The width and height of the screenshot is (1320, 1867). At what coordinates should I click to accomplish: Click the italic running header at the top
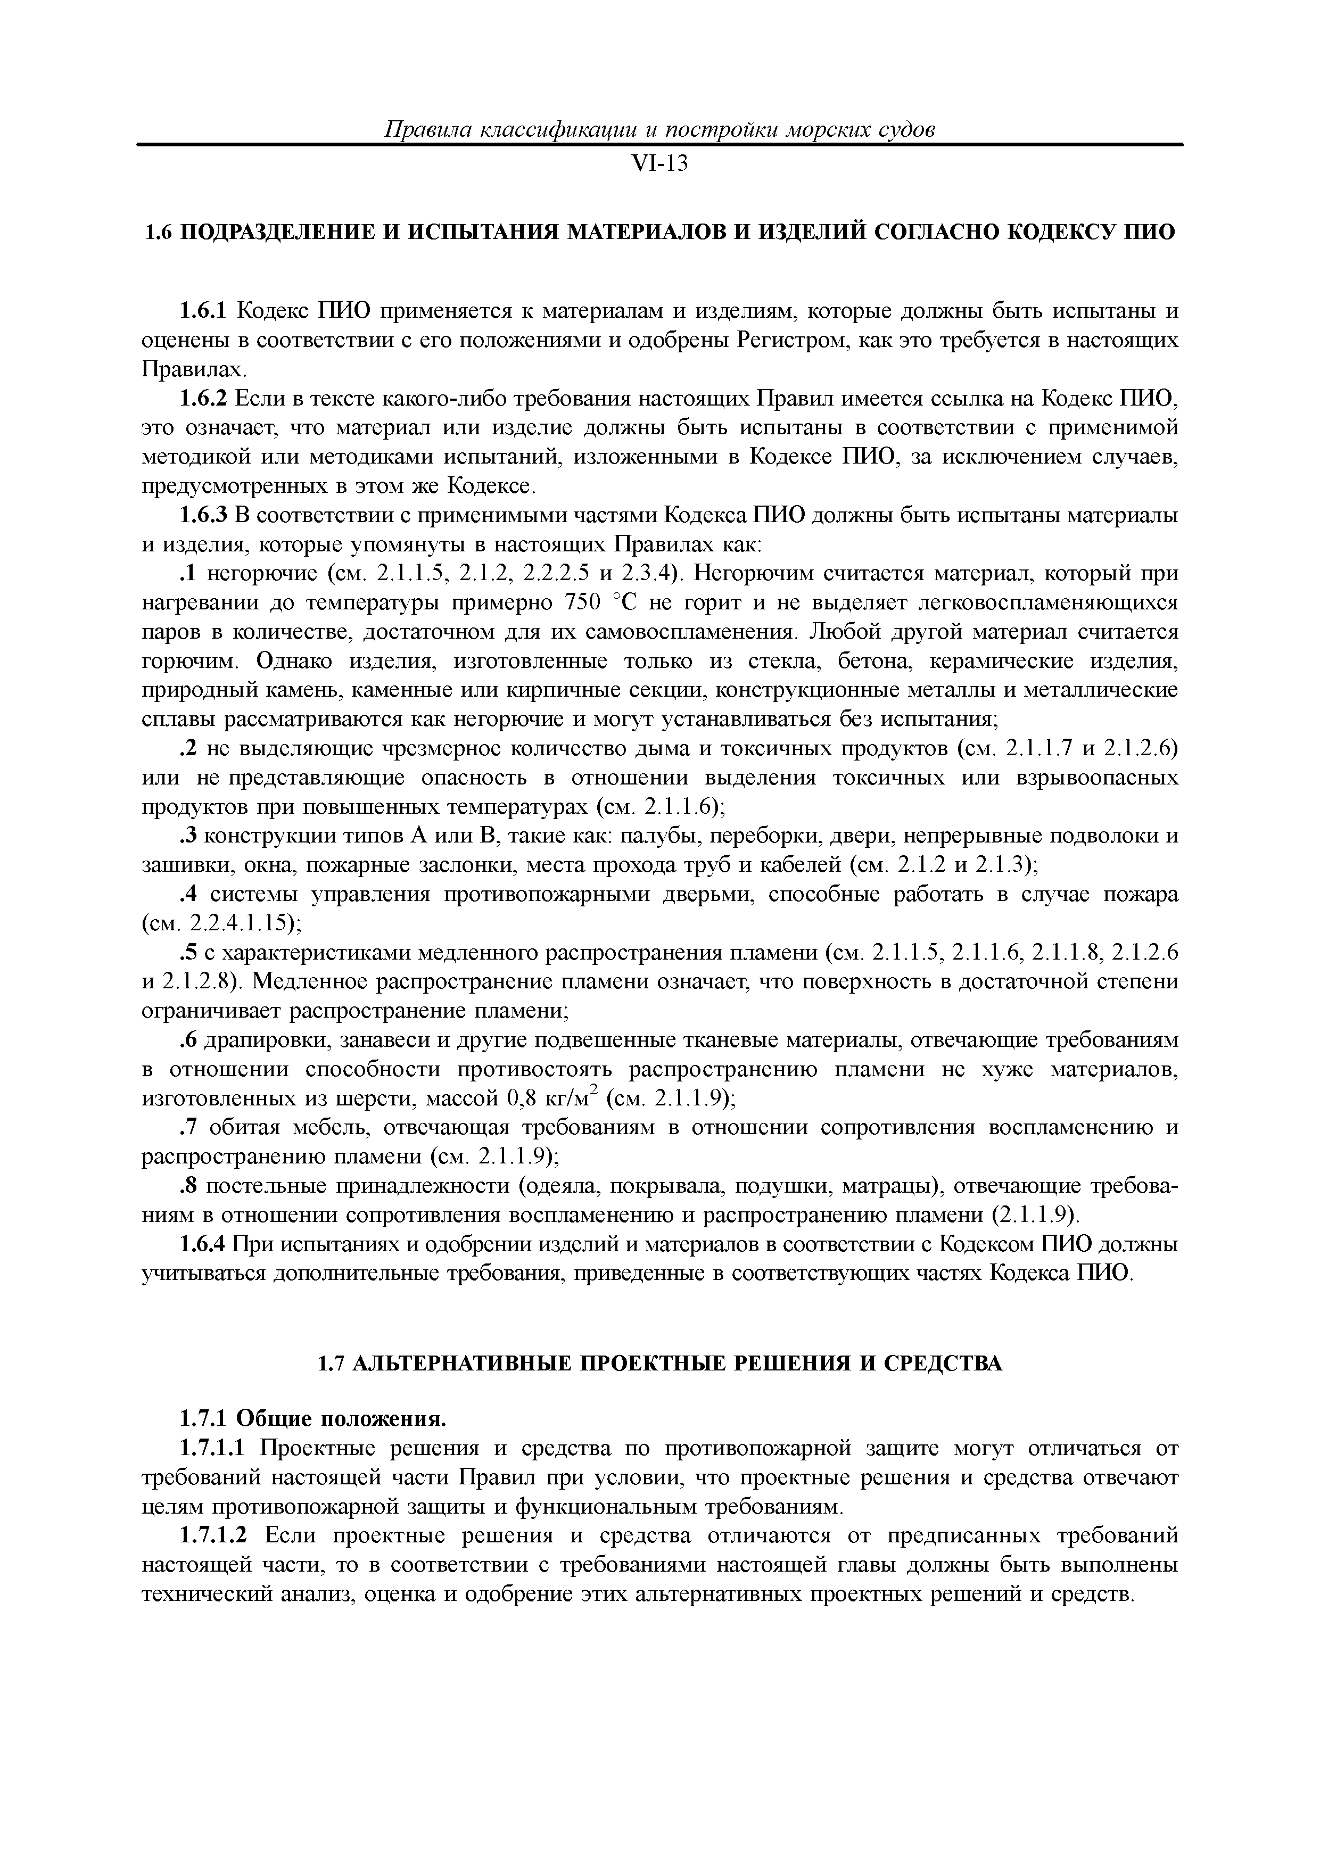point(659,129)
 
